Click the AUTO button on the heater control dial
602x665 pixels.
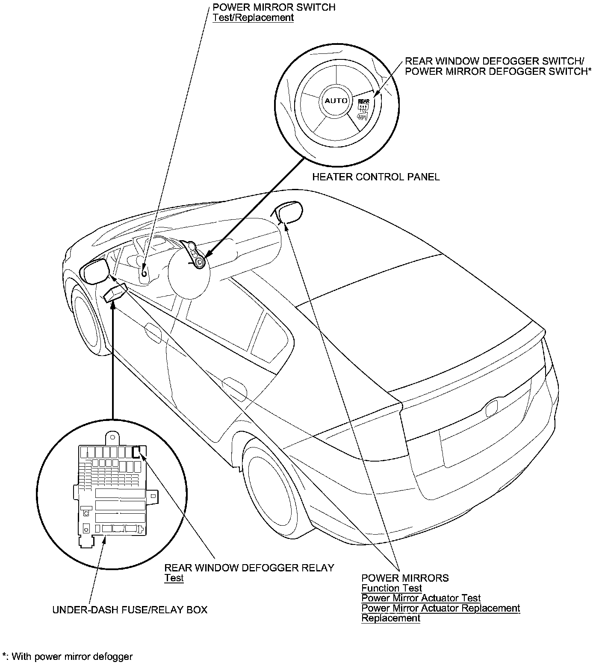point(336,101)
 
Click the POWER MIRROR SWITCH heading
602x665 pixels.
point(274,7)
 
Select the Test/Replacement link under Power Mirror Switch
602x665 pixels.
point(253,18)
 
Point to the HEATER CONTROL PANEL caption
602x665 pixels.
point(375,177)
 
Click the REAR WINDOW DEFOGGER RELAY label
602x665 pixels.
point(249,568)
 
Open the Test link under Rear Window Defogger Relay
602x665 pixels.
point(174,578)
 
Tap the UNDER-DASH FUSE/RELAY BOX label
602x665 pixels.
point(130,610)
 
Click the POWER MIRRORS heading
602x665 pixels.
point(405,578)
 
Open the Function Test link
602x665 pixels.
point(391,588)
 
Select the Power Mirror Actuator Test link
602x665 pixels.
point(421,598)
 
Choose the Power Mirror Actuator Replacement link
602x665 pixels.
point(440,608)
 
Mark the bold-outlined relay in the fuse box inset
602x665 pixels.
point(136,452)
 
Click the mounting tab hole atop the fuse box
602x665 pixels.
point(113,437)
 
